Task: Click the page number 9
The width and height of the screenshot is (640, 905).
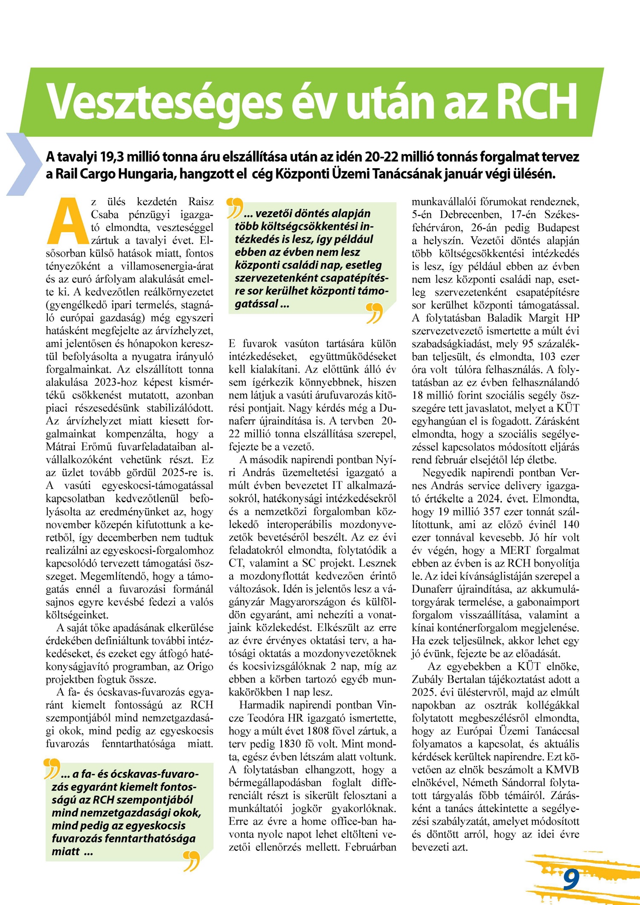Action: (571, 880)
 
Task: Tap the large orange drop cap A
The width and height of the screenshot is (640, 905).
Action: (67, 221)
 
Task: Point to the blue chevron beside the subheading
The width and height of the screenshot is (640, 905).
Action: (23, 164)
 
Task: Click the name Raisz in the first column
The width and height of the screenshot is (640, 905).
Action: (201, 201)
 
